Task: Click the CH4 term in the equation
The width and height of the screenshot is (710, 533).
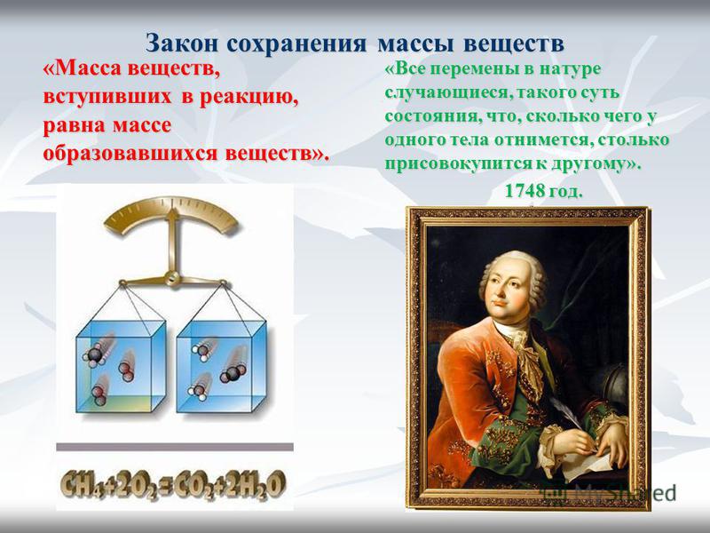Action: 83,485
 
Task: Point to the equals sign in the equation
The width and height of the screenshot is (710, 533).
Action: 167,485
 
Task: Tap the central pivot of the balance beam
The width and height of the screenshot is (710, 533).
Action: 172,278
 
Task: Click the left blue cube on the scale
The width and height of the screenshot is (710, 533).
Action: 121,367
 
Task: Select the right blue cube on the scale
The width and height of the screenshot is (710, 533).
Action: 221,367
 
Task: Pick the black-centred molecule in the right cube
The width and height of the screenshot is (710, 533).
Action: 233,373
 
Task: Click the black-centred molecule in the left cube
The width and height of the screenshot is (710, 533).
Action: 94,354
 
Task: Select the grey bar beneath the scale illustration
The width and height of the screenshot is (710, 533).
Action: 175,447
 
